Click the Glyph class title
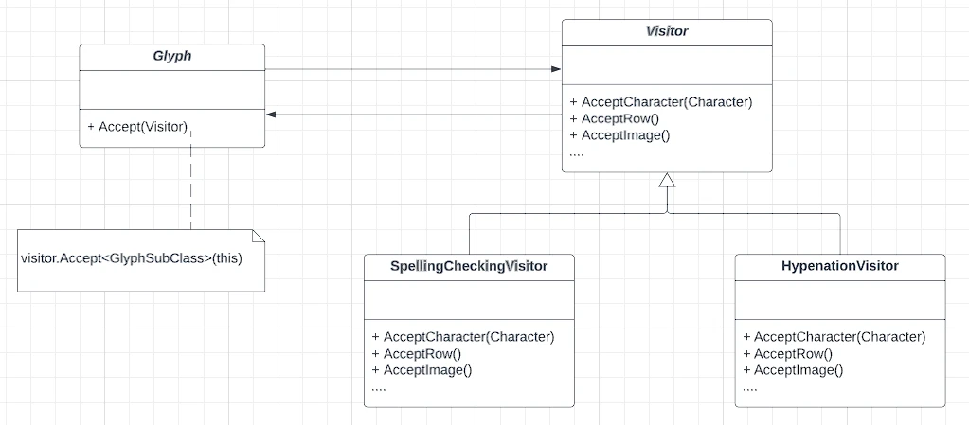(171, 56)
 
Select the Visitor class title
(667, 31)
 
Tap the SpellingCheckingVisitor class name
(469, 266)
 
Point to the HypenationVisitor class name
(840, 266)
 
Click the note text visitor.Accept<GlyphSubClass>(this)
(132, 258)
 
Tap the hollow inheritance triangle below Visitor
(667, 180)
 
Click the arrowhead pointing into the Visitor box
(557, 68)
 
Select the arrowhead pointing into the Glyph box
(270, 115)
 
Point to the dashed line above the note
(191, 179)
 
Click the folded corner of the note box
(259, 236)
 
